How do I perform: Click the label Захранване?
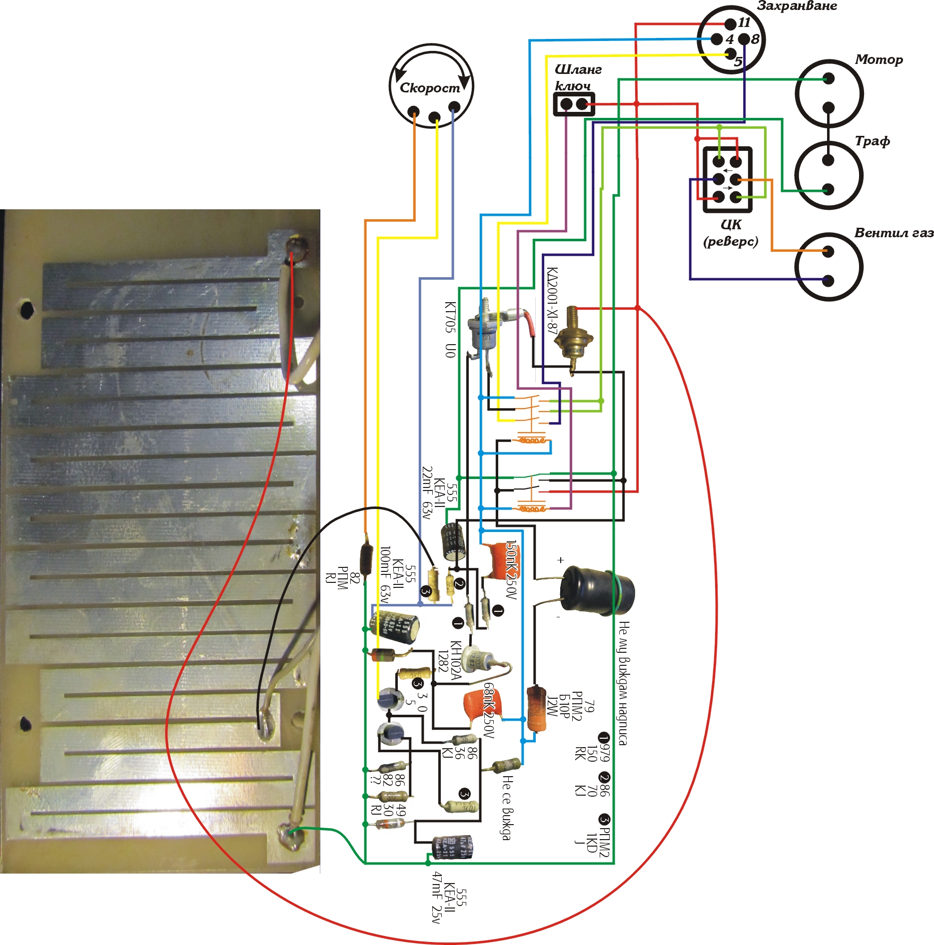[797, 6]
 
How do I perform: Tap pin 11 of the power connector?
[731, 23]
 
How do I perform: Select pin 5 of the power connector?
[730, 53]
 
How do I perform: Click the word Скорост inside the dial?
[430, 88]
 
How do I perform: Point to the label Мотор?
[879, 59]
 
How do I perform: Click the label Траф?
[872, 141]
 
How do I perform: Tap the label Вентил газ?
[894, 233]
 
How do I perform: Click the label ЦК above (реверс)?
[731, 224]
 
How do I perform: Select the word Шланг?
[578, 69]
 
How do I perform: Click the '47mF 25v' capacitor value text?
[436, 897]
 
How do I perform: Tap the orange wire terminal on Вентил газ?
[828, 251]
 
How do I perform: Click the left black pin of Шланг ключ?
[566, 104]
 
